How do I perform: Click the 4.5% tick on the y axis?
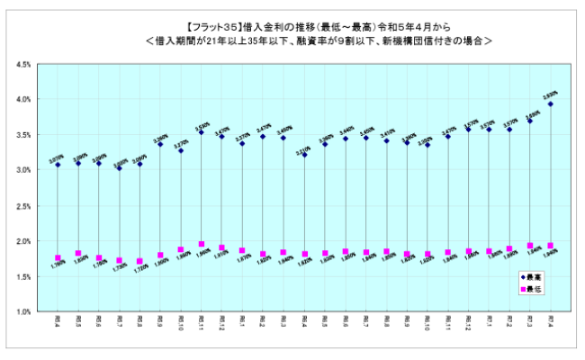(24, 65)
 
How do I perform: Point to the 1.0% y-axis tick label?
(24, 312)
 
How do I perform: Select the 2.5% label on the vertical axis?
(24, 206)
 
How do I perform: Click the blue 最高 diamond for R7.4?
(550, 104)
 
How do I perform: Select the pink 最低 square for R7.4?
(550, 246)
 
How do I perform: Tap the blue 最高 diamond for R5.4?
(58, 165)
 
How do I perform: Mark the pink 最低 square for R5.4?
(58, 258)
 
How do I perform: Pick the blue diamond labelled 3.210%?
(304, 155)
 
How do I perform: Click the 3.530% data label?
(202, 124)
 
